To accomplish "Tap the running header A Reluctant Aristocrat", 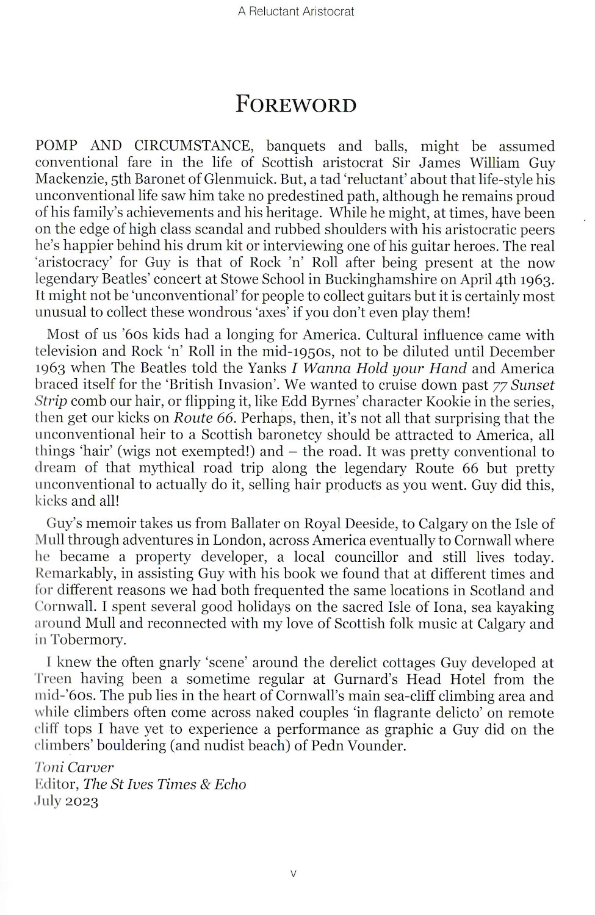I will [x=296, y=11].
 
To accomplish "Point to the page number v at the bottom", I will [x=294, y=874].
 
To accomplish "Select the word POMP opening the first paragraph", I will [x=56, y=146].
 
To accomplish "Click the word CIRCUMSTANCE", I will [x=192, y=146].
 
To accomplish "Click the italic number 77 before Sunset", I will [x=500, y=385].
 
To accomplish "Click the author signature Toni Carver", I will [x=74, y=767].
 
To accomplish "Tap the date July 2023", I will [x=67, y=801].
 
